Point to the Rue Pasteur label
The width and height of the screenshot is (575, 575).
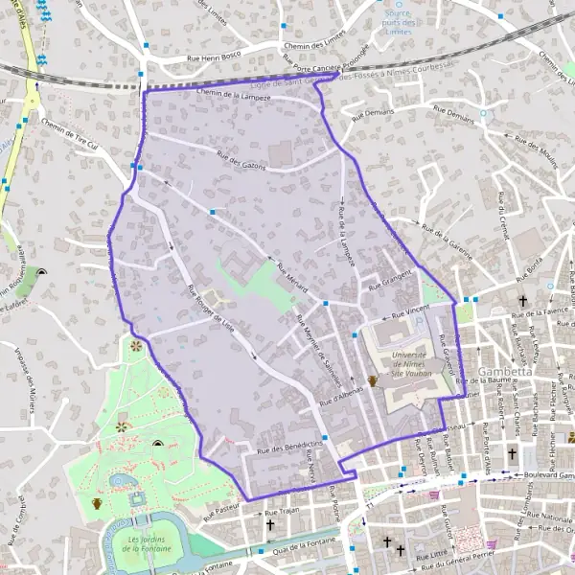click(219, 504)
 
